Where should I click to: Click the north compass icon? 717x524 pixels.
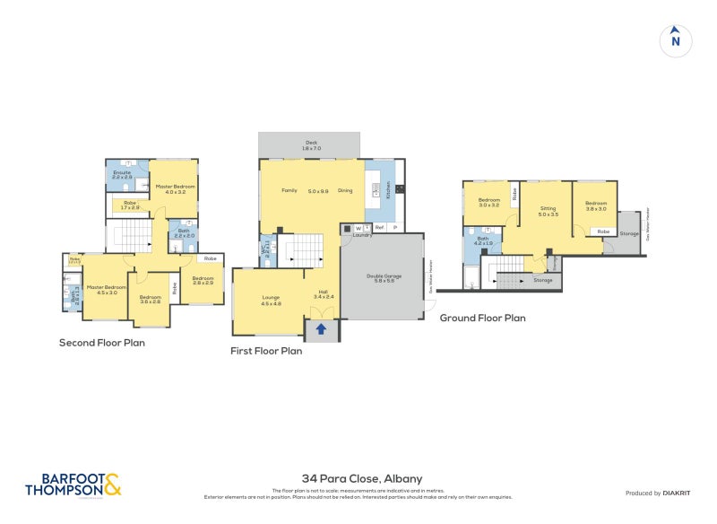[676, 40]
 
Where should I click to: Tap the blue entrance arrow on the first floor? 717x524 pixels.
[321, 329]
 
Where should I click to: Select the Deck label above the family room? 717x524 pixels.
[311, 143]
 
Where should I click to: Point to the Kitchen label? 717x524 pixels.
[388, 190]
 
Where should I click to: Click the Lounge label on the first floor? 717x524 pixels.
[271, 298]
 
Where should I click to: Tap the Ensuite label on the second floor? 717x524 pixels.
[122, 172]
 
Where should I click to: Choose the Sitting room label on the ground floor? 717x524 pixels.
[548, 208]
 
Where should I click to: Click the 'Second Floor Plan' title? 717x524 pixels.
[101, 342]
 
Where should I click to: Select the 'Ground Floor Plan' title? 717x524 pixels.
[482, 318]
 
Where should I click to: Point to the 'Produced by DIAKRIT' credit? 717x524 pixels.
[661, 493]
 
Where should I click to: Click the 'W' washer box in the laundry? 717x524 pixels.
[358, 228]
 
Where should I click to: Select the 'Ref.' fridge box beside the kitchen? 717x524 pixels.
[380, 228]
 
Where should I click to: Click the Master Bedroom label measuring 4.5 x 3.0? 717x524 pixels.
[100, 289]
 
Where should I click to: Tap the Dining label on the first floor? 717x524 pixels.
[345, 190]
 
